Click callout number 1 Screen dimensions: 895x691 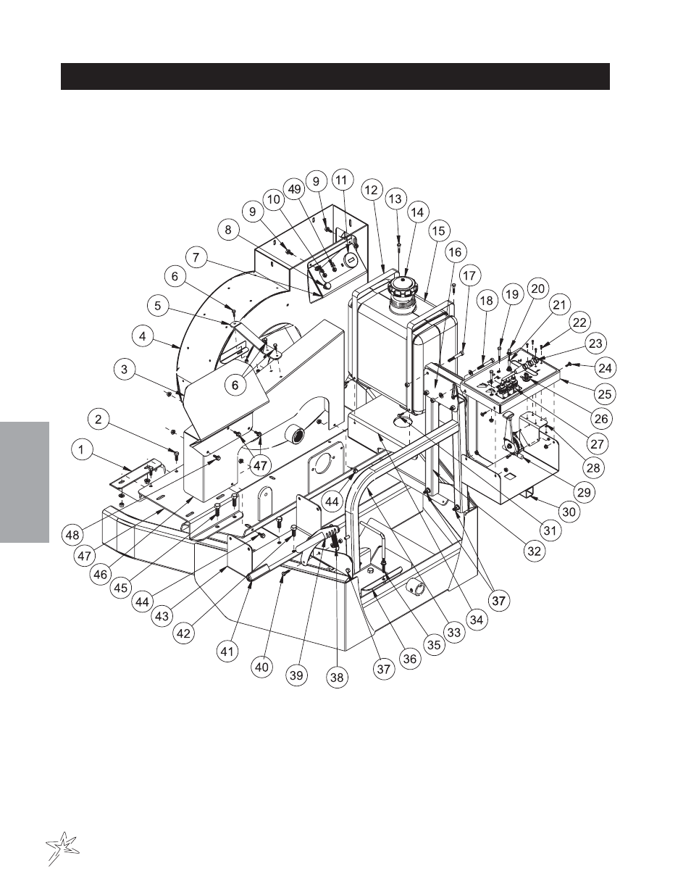click(x=83, y=450)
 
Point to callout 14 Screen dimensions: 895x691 click(x=417, y=212)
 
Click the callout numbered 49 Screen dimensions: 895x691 click(x=293, y=189)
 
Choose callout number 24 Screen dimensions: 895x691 click(x=605, y=368)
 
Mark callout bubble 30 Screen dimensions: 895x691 click(x=569, y=511)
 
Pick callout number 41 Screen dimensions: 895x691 click(x=228, y=652)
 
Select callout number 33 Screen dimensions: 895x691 click(x=453, y=632)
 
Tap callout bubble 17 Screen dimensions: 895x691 click(x=470, y=276)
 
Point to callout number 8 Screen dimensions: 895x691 click(x=229, y=230)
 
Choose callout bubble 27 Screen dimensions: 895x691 click(x=598, y=443)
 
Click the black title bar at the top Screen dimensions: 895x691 click(x=335, y=76)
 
